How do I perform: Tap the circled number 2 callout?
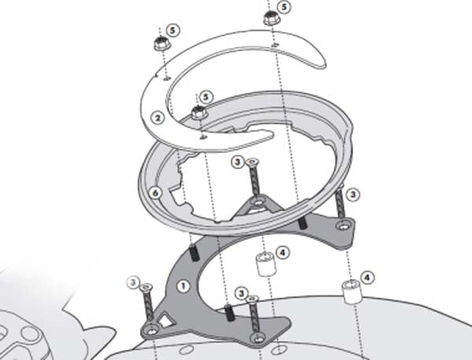coord(157,118)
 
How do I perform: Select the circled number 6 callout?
coord(156,193)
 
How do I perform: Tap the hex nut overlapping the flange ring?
coord(199,112)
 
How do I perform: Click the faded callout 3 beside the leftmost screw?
coord(133,280)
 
